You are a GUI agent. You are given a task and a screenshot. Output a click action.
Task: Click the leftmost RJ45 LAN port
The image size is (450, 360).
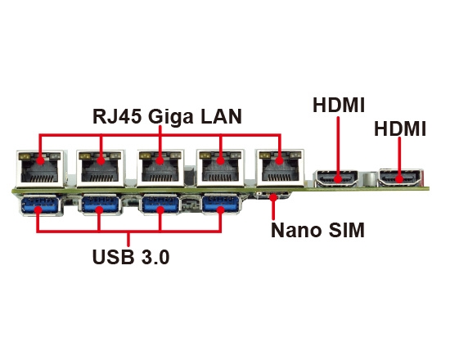click(40, 169)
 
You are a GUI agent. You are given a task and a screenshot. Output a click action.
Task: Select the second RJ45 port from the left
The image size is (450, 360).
click(101, 169)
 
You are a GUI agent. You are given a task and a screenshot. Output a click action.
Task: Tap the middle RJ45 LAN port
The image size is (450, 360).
click(160, 169)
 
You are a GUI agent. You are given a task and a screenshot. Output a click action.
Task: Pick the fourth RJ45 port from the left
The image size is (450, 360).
click(220, 169)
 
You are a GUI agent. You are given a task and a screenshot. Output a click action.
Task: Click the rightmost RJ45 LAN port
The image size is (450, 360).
click(280, 169)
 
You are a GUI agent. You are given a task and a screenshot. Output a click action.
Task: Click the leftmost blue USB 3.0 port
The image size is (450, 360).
click(40, 205)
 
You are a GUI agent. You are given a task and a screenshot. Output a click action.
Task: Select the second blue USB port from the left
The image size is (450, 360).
click(101, 205)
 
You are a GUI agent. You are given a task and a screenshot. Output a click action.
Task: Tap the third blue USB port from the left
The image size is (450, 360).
click(160, 205)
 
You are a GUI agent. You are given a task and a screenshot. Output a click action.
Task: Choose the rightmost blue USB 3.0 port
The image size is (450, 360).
click(220, 205)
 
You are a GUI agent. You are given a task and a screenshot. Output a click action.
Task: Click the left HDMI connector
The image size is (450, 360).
click(337, 178)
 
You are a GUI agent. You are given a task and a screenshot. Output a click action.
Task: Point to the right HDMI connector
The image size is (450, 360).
click(400, 178)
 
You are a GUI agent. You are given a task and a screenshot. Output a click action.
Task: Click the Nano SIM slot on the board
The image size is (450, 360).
click(273, 196)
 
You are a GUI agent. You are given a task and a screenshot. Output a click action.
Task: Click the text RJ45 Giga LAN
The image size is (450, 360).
click(167, 116)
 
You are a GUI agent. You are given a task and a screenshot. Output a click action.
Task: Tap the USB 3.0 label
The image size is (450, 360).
click(131, 257)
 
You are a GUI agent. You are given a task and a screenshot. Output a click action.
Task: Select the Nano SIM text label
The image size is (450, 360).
click(317, 230)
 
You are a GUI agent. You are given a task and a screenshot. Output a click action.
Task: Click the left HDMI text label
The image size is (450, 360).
click(339, 105)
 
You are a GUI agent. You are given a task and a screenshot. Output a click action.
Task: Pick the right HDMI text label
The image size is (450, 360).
click(400, 129)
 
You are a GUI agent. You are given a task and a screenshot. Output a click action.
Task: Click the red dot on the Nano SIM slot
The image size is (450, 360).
click(273, 197)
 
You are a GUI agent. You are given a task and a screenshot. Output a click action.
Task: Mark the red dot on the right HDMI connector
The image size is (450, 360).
click(399, 179)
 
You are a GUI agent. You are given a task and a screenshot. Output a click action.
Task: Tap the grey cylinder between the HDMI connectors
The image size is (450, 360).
click(368, 179)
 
